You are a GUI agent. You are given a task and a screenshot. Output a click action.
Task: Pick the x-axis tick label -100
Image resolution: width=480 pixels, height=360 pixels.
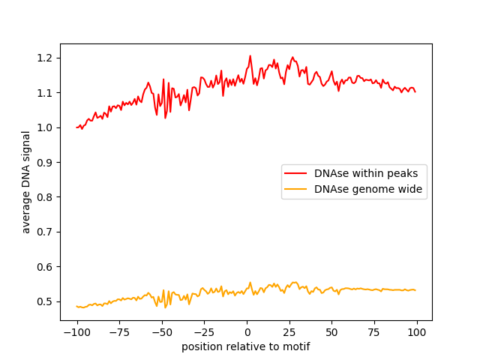click(76, 332)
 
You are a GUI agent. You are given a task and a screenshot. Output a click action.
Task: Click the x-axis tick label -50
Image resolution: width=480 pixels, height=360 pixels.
click(162, 332)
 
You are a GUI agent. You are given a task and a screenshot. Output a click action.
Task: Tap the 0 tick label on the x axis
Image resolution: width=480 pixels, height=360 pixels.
click(247, 332)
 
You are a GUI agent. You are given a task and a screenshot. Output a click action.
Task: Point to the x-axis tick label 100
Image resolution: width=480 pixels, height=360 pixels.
click(417, 332)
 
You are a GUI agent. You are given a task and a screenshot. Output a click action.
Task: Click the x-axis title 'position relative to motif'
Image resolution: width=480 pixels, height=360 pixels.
click(246, 346)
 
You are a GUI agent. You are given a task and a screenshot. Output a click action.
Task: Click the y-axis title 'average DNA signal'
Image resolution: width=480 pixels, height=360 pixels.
click(26, 182)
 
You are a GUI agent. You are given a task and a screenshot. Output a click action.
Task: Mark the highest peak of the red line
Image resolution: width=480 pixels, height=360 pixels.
click(250, 56)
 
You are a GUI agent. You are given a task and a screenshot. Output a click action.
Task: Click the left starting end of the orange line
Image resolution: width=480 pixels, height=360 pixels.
click(76, 306)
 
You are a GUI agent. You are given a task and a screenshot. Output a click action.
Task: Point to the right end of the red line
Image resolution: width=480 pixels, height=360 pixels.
click(415, 91)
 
